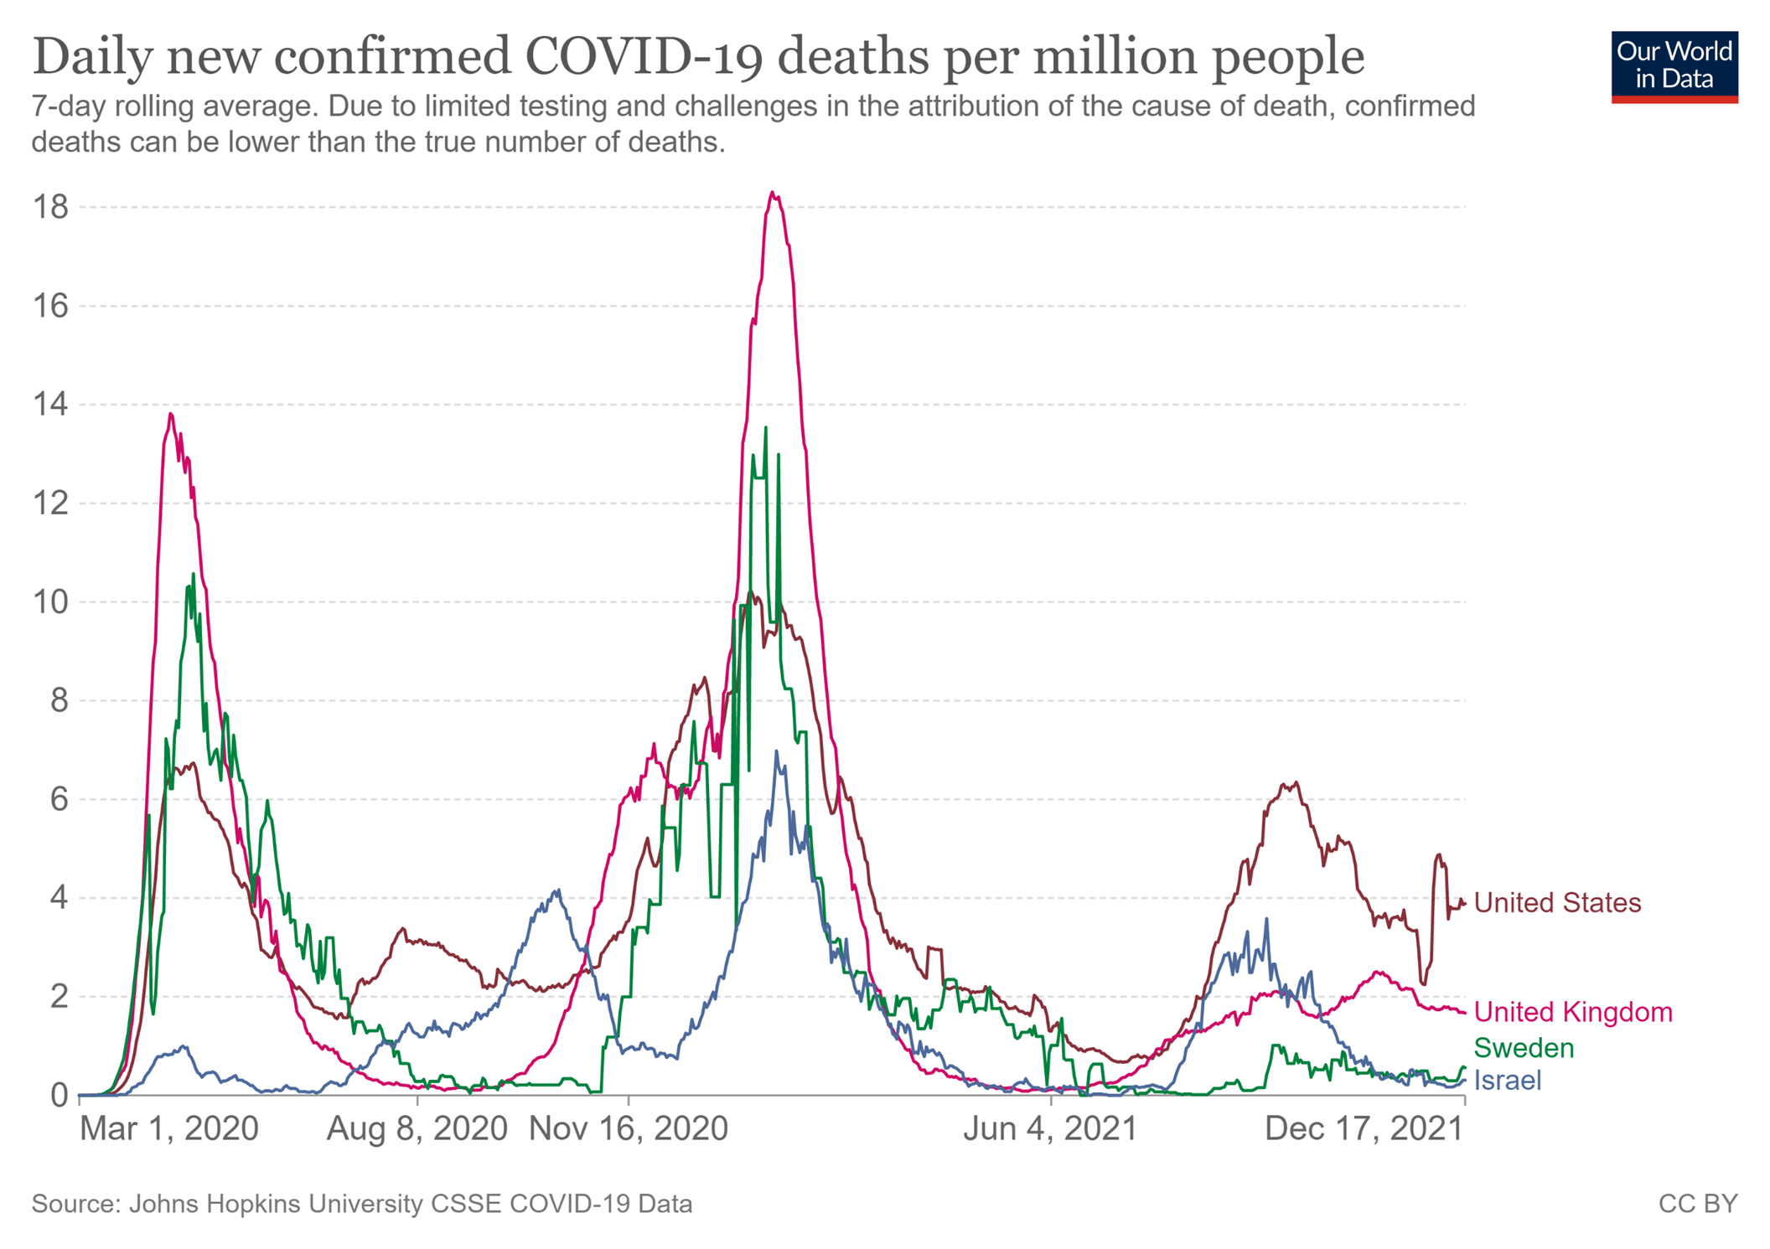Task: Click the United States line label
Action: [1556, 902]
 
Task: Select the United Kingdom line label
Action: [1572, 1012]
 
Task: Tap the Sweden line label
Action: [1524, 1048]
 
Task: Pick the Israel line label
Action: [1507, 1081]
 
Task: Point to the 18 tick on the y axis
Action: [50, 207]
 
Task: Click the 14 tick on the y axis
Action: [50, 405]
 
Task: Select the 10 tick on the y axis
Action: [50, 601]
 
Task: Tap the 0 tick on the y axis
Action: [59, 1095]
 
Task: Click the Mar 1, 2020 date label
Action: [168, 1129]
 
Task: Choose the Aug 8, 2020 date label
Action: [417, 1129]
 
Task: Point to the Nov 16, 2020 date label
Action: [629, 1129]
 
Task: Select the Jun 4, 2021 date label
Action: [1050, 1129]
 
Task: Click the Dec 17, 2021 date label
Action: [1364, 1129]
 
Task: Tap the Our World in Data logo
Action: [1674, 67]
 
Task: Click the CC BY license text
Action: [1697, 1204]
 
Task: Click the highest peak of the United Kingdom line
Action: [773, 194]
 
